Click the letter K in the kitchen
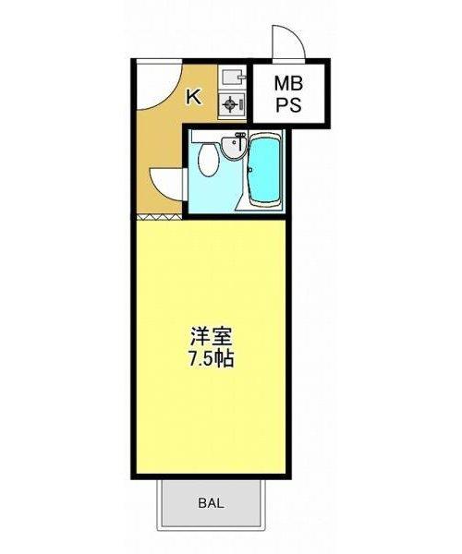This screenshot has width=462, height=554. [x=194, y=97]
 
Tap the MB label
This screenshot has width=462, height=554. [x=289, y=84]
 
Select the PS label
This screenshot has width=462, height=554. [x=289, y=104]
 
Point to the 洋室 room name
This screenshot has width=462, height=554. [x=211, y=337]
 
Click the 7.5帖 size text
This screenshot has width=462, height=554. [x=211, y=359]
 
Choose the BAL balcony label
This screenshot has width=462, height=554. [x=211, y=503]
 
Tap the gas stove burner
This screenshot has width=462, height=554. [x=229, y=104]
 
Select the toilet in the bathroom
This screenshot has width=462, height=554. [x=209, y=159]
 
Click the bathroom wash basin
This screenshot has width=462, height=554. [x=233, y=148]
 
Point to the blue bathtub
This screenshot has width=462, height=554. [x=265, y=169]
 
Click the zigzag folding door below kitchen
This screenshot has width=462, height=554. [x=159, y=217]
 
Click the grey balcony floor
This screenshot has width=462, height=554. [x=211, y=503]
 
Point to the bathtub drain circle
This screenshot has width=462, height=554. [x=250, y=170]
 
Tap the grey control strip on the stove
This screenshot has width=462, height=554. [x=241, y=104]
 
